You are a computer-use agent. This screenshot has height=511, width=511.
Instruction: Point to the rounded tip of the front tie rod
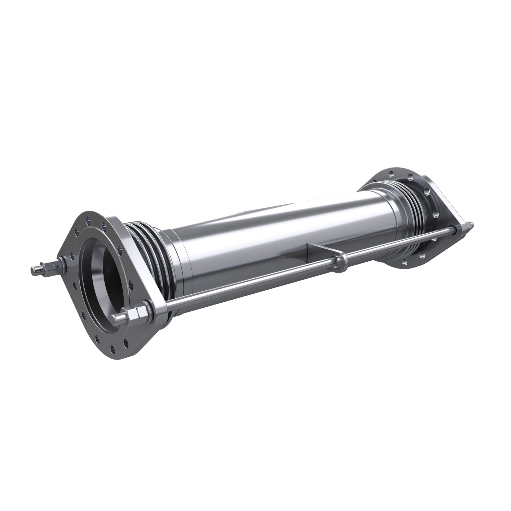[116, 317]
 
